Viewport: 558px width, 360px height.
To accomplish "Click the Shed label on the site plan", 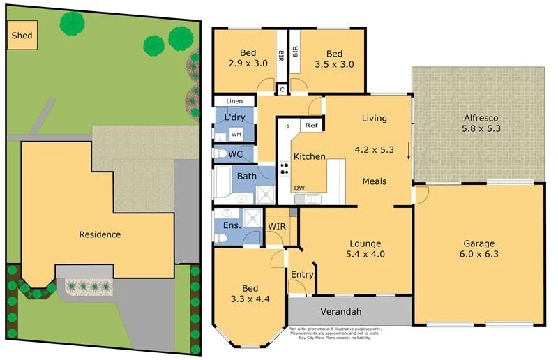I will (x=21, y=35).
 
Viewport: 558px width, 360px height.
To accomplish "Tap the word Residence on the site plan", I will (x=100, y=234).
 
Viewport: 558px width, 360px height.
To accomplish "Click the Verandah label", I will (x=340, y=310).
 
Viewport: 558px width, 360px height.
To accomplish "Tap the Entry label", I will (x=301, y=274).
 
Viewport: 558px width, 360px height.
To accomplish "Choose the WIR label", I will (x=276, y=226).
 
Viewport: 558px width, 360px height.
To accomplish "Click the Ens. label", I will (x=232, y=225).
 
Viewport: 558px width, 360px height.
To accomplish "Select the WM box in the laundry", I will (x=236, y=134).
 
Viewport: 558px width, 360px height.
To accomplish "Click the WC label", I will (x=236, y=153).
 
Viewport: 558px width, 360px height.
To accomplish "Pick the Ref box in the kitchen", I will (x=310, y=126).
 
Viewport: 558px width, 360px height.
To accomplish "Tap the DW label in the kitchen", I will (x=299, y=188).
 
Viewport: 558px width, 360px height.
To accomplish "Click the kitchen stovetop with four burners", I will (x=285, y=167).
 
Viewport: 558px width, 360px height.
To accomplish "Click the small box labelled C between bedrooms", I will (x=282, y=89).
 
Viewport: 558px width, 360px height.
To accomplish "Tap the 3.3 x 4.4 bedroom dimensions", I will (x=250, y=299).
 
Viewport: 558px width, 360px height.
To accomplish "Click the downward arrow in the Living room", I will (x=409, y=151).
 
